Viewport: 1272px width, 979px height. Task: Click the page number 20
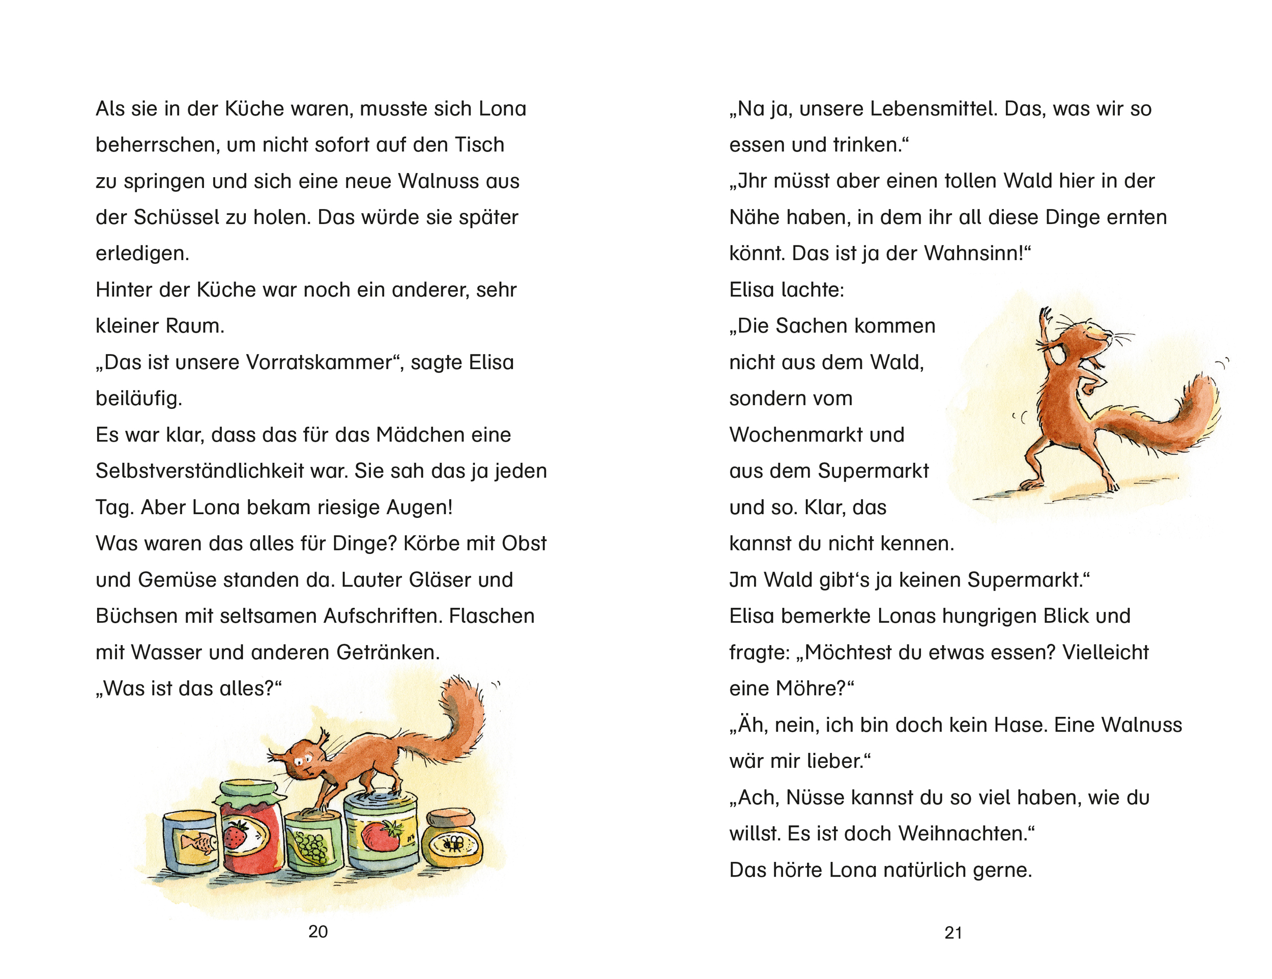tap(318, 931)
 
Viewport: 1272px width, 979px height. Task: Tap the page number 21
tap(953, 932)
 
